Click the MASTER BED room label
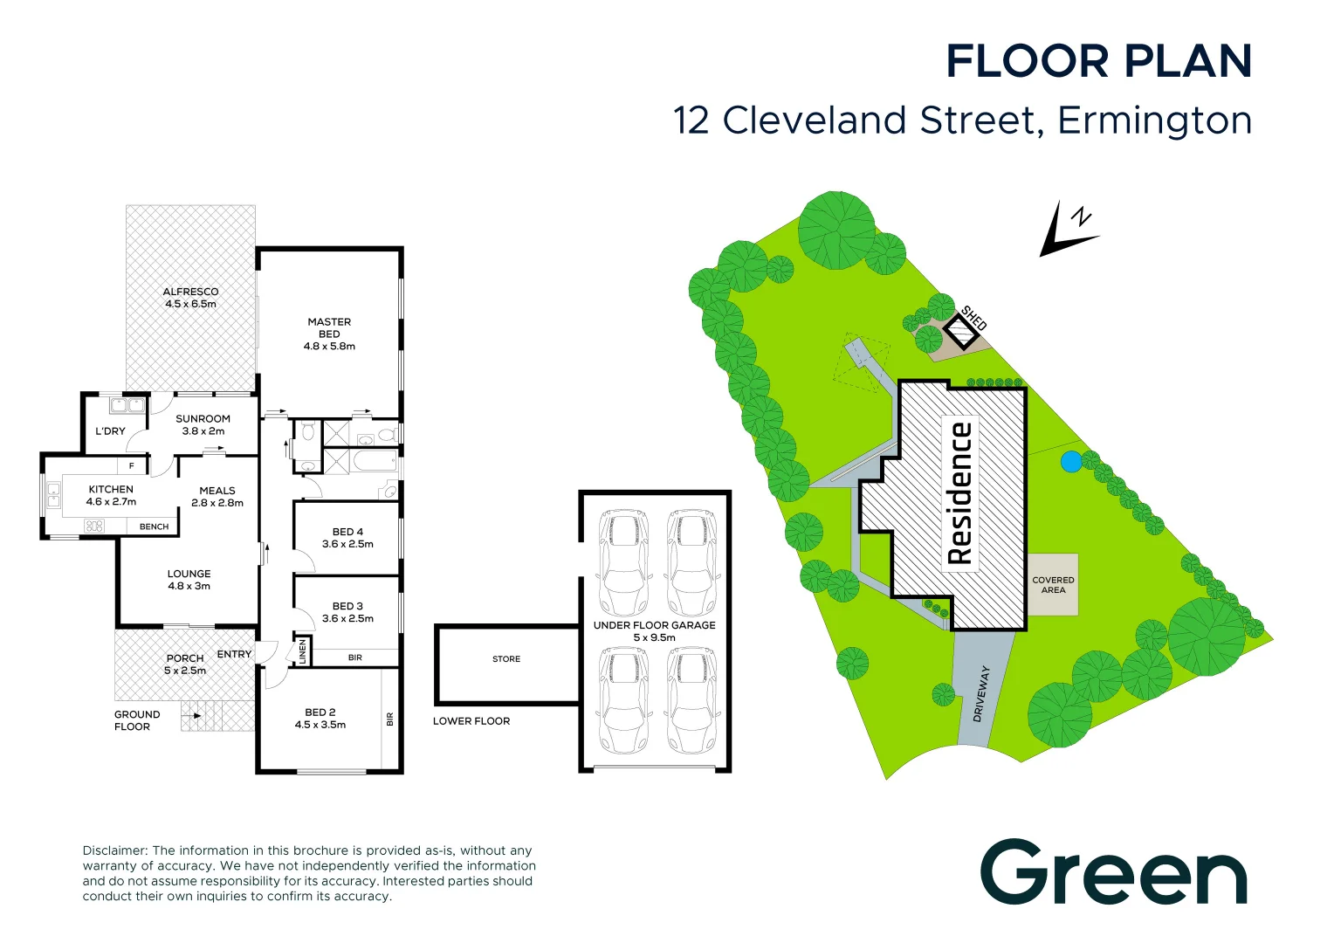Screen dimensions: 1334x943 (329, 334)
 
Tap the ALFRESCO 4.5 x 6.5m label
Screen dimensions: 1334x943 (190, 297)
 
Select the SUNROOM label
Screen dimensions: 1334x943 (203, 419)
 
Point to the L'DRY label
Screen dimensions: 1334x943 (110, 430)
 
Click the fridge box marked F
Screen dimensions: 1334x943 (132, 466)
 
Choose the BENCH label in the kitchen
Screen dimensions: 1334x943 (155, 527)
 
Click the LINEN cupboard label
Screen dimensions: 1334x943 (303, 651)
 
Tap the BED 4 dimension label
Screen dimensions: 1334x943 (347, 544)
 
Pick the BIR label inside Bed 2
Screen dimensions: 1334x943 (390, 719)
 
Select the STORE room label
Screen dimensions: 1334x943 (506, 659)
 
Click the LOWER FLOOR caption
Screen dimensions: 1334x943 (471, 721)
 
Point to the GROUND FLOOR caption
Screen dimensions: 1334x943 (137, 720)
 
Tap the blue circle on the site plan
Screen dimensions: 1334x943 (1070, 462)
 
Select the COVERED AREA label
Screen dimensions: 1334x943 (1053, 585)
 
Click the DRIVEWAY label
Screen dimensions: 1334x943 (980, 693)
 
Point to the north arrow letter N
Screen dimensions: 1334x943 (1082, 217)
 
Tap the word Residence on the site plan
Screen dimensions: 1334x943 (960, 493)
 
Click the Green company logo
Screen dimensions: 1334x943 (1113, 871)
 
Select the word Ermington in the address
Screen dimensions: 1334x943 (1155, 121)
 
